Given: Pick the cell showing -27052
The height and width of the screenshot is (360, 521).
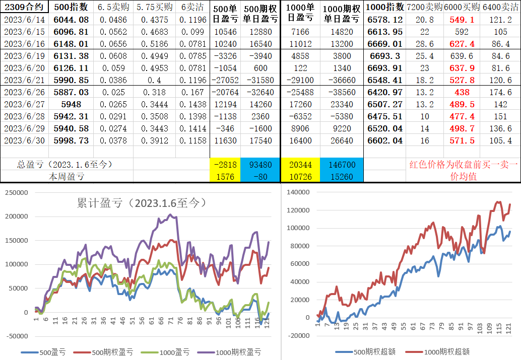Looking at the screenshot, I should pos(225,80).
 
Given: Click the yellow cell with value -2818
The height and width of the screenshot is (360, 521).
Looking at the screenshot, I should pos(225,165).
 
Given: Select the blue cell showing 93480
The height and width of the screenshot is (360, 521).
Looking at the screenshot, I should pos(261,165).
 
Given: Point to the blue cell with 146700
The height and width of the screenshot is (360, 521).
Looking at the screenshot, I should pos(342,165).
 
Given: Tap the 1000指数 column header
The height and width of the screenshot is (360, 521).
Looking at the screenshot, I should pos(385,7).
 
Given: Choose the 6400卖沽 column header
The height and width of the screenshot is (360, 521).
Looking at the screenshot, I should pos(500,7).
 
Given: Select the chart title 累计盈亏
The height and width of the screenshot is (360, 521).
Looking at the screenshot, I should pos(141,203).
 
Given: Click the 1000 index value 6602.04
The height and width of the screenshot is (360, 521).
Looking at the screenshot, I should pos(385,140).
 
